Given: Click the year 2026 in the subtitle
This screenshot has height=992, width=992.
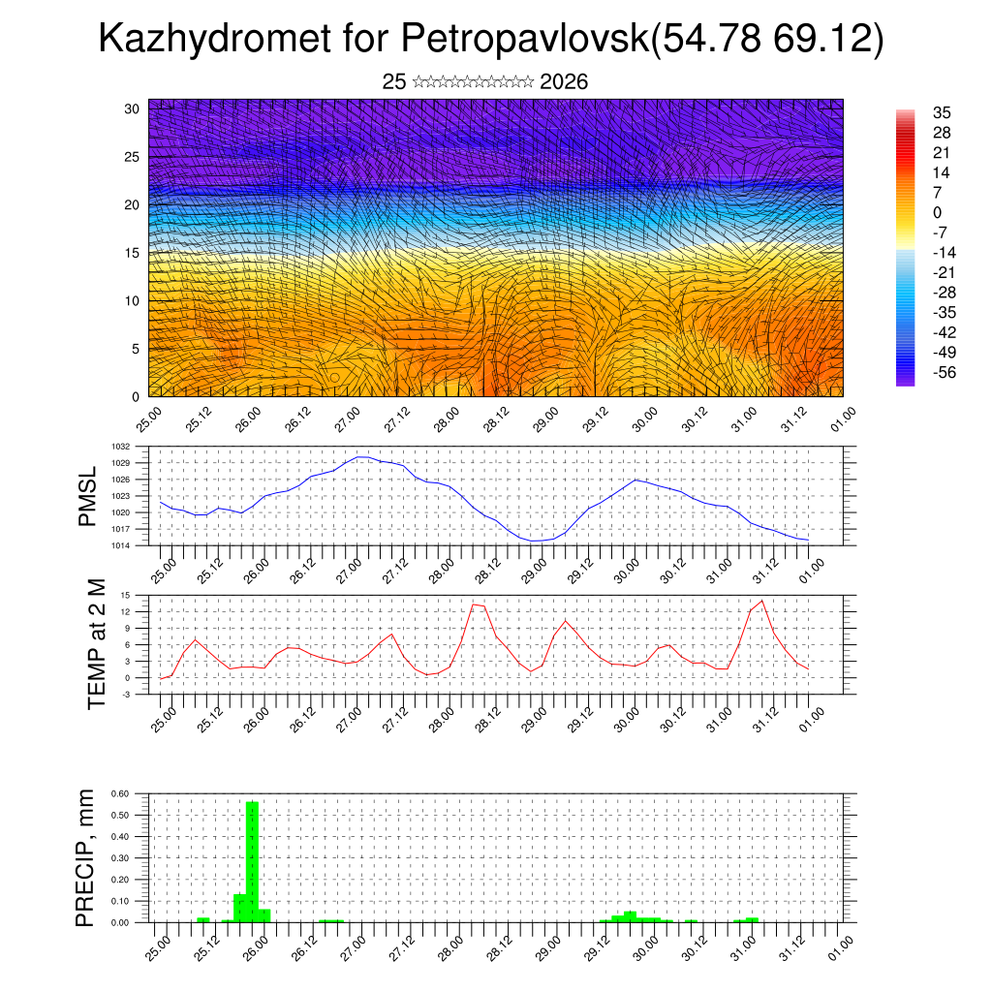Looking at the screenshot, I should pos(564,82).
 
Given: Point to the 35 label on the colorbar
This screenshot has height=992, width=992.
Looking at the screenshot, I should pos(941,112).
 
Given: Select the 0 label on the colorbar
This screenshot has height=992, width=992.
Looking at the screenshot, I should pos(937,212).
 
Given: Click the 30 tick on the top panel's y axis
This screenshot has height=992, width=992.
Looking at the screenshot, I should pos(133,108).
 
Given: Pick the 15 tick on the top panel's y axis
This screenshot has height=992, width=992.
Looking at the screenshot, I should pos(133,253).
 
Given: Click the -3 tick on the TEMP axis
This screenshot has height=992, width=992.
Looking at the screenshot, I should pos(127,695).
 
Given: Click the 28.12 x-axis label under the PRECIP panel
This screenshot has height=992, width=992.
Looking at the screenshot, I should pos(496,945).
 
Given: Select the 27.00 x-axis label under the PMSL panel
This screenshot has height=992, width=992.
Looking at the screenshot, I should pos(349,570).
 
